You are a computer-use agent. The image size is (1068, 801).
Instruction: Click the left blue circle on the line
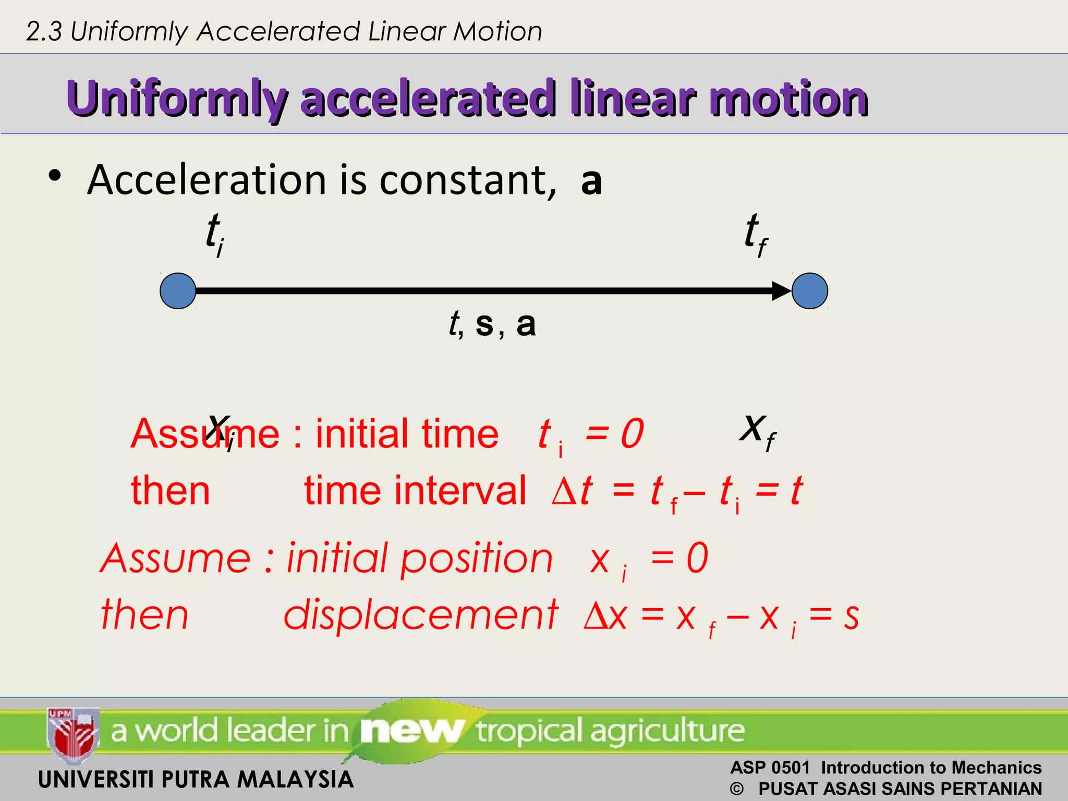click(178, 291)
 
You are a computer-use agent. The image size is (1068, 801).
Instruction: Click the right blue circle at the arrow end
click(809, 291)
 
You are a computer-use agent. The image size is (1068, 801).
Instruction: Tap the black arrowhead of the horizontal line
click(781, 291)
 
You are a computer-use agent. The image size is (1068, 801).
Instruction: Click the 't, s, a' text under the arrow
click(492, 323)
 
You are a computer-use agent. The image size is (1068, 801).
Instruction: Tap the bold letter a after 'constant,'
click(591, 180)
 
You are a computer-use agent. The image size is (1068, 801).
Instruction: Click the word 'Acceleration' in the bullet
click(207, 180)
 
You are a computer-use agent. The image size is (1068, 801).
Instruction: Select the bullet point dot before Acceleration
click(55, 176)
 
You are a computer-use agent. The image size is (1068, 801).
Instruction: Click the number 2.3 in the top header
click(44, 32)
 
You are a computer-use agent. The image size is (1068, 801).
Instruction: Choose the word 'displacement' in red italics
click(420, 615)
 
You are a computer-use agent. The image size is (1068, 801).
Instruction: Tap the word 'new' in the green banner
click(411, 730)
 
